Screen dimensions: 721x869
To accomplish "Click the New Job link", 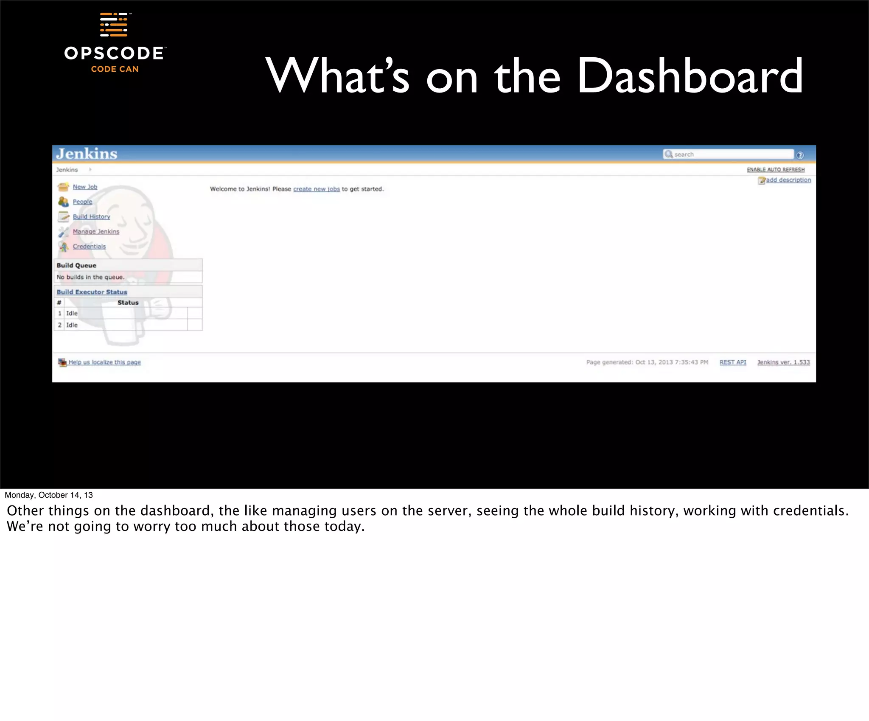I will click(85, 187).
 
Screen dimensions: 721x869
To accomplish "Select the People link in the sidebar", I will click(82, 202).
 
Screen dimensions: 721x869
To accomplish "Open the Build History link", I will click(91, 216).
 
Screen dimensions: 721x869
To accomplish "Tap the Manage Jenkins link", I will click(96, 231).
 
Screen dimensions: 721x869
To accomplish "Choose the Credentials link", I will click(89, 246).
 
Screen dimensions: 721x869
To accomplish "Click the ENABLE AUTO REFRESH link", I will click(775, 169).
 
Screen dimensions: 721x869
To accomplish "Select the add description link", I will click(788, 180).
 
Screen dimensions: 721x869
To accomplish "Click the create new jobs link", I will click(316, 189).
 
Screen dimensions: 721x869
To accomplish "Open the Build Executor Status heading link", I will click(92, 292).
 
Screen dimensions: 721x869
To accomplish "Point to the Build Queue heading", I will click(76, 265).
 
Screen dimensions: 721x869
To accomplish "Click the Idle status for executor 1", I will click(72, 313).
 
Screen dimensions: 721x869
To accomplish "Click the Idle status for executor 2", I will click(72, 325).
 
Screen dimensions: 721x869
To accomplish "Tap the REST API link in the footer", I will click(732, 362).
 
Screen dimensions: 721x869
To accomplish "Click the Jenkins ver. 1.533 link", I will click(783, 362).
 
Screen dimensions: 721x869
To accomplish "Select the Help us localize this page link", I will click(104, 362).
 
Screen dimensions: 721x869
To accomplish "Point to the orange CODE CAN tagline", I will click(115, 69).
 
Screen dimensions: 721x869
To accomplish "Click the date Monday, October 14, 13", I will click(48, 495).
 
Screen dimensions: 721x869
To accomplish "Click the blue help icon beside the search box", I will click(800, 155).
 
